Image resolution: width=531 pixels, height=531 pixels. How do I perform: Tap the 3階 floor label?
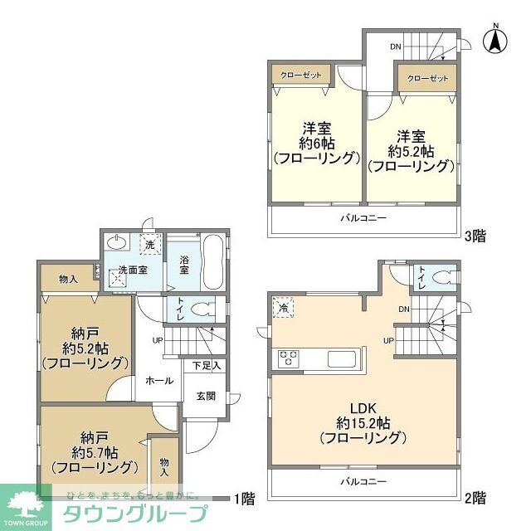tap(475, 236)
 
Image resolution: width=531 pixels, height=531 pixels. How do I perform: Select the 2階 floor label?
tap(475, 498)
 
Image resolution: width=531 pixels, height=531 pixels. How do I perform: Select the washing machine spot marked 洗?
tap(149, 246)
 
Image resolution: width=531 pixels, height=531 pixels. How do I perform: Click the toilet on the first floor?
tap(202, 309)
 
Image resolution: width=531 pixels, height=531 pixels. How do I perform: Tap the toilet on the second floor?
tap(442, 276)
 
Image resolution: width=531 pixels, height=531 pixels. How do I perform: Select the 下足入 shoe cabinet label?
tap(207, 365)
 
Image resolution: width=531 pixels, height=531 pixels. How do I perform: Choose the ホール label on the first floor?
tap(159, 381)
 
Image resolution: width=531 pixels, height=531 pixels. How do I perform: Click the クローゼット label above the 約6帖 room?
tap(300, 75)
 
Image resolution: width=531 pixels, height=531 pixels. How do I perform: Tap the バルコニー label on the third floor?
tap(363, 219)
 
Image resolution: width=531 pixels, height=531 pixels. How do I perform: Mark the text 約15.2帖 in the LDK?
tap(363, 421)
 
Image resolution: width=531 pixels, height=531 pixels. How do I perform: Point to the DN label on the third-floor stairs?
tap(397, 46)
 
